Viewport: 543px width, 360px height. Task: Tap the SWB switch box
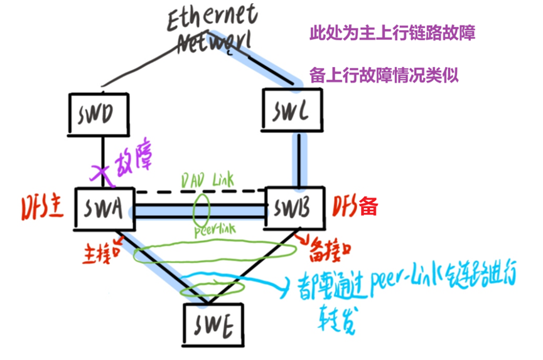pos(295,207)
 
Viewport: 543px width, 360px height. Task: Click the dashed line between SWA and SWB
pos(201,191)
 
